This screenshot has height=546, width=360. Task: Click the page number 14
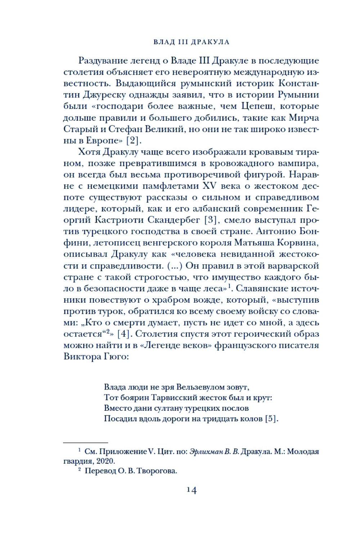(x=191, y=490)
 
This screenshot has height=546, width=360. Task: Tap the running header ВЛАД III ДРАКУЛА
(x=191, y=42)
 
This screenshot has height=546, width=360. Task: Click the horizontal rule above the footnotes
(x=86, y=442)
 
